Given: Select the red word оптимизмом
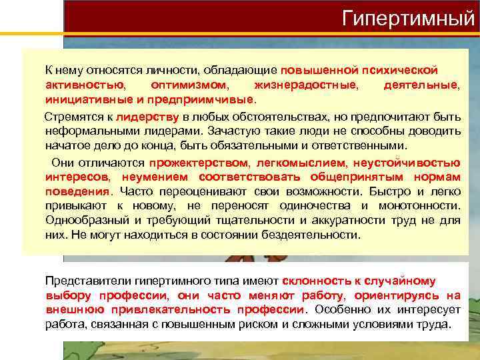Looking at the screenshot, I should click(x=189, y=85).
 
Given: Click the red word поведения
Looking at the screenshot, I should click(x=77, y=191).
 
